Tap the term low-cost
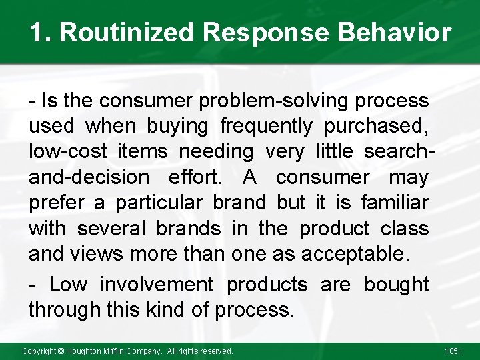(67, 152)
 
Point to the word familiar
(395, 203)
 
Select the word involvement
(157, 285)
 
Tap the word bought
(396, 285)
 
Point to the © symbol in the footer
(61, 351)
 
